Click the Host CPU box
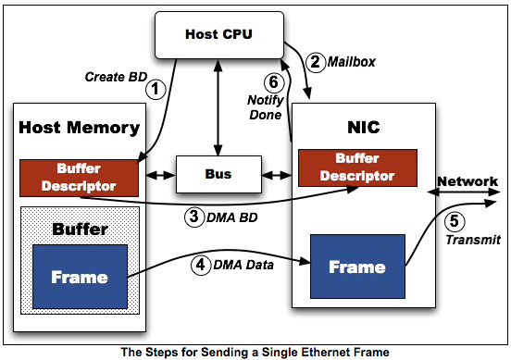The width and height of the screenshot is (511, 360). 219,35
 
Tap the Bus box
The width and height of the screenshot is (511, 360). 218,174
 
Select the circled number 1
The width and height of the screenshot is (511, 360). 156,89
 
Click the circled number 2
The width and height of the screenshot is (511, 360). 316,62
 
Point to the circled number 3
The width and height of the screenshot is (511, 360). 194,217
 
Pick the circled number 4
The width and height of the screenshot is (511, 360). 201,265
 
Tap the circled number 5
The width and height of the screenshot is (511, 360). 455,221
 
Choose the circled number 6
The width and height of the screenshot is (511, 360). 274,82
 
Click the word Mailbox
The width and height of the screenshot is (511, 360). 352,62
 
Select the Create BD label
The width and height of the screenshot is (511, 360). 116,77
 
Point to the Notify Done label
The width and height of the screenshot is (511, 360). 266,107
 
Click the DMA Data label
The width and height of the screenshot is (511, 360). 243,265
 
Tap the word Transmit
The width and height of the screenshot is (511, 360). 473,240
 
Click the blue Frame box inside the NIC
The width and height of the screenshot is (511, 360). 357,267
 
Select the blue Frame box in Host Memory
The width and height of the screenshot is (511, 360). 80,277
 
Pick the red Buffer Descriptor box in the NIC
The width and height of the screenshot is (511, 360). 357,168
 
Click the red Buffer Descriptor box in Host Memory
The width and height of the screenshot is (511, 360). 79,179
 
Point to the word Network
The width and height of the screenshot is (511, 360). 467,181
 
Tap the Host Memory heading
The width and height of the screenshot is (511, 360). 80,128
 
